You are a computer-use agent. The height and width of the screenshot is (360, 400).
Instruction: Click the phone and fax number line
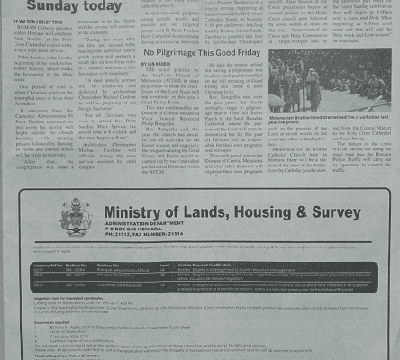(x=149, y=240)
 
